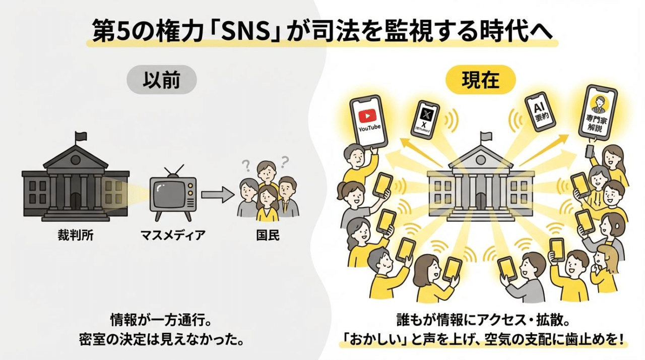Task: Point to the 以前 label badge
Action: point(161,81)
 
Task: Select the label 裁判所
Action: point(76,234)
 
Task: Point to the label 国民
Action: point(268,234)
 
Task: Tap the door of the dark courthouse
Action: point(75,202)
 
